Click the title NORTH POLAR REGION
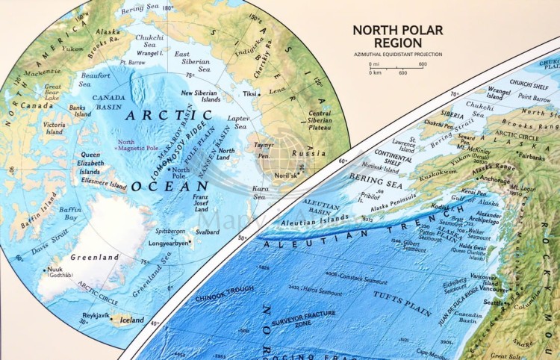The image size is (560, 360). [397, 37]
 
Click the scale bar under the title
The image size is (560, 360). [396, 69]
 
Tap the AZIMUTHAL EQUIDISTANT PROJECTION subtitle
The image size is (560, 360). [398, 55]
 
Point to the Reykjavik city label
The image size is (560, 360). [96, 315]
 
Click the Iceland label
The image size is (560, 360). [132, 320]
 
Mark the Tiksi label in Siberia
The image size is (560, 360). [249, 95]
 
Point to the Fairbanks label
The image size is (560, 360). [532, 158]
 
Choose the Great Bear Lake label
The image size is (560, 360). [52, 93]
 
